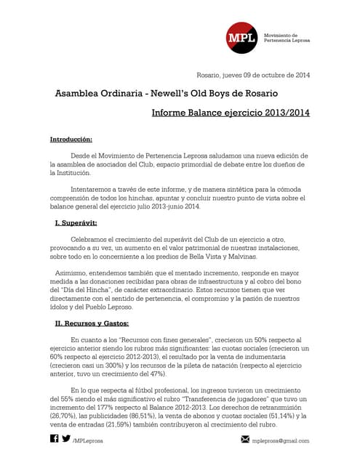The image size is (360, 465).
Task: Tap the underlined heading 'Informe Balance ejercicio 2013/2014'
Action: (231, 114)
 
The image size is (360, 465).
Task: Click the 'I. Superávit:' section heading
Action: (81, 222)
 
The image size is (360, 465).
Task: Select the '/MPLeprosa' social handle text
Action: (90, 440)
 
